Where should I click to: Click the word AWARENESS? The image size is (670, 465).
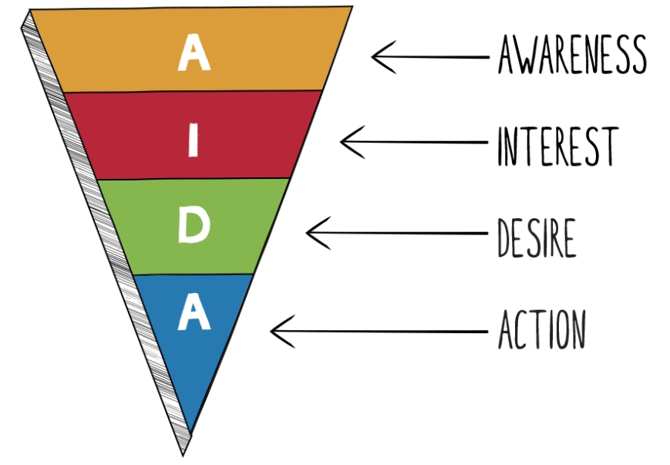click(x=572, y=55)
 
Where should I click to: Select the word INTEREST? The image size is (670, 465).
click(x=558, y=147)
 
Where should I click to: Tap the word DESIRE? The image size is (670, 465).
click(x=537, y=238)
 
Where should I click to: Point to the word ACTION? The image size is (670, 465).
click(x=542, y=329)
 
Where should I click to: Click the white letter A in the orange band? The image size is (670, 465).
click(x=194, y=52)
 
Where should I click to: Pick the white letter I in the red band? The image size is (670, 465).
click(x=194, y=140)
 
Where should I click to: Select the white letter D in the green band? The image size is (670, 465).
click(x=194, y=224)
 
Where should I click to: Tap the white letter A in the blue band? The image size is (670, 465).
click(x=194, y=312)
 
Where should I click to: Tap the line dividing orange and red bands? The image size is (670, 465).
click(x=192, y=91)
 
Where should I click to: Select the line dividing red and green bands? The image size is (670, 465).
click(x=194, y=179)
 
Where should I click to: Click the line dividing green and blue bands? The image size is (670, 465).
click(x=194, y=275)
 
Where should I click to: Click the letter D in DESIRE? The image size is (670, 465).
click(x=505, y=238)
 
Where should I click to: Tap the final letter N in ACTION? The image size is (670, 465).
click(x=577, y=329)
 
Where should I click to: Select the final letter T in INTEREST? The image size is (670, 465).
click(x=609, y=147)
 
